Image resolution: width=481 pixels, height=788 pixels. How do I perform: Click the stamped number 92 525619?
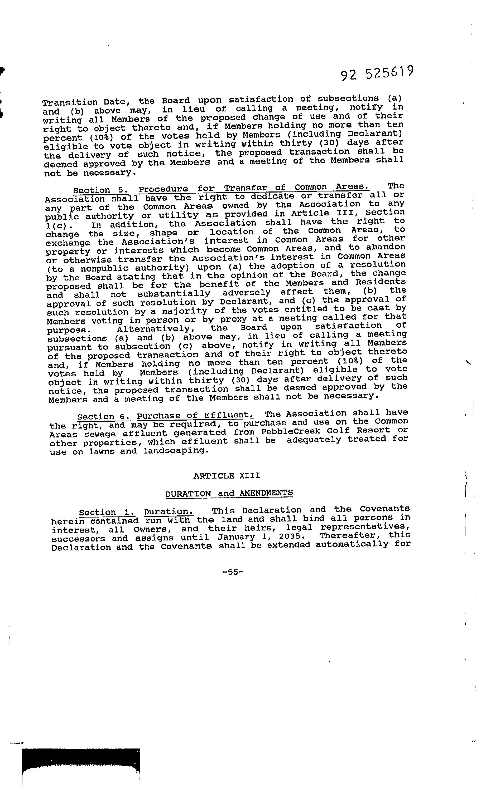pyautogui.click(x=377, y=73)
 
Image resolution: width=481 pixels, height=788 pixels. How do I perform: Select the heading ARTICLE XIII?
pyautogui.click(x=227, y=476)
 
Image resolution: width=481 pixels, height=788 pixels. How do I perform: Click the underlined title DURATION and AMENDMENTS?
pyautogui.click(x=229, y=493)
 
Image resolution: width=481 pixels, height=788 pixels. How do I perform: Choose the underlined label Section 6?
pyautogui.click(x=104, y=417)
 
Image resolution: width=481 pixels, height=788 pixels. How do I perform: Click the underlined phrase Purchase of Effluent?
pyautogui.click(x=195, y=415)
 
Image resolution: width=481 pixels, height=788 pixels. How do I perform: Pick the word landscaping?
pyautogui.click(x=176, y=451)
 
